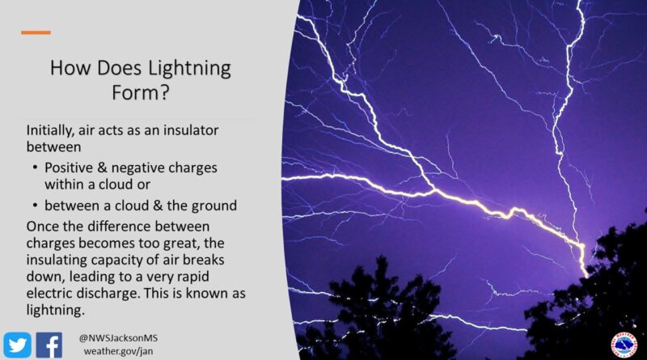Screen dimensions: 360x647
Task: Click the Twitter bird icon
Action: point(18,344)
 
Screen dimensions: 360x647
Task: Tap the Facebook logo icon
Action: point(49,344)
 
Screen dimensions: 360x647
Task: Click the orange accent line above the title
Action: point(36,33)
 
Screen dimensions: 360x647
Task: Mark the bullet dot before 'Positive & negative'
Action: point(36,167)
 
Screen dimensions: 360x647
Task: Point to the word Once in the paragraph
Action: point(42,219)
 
